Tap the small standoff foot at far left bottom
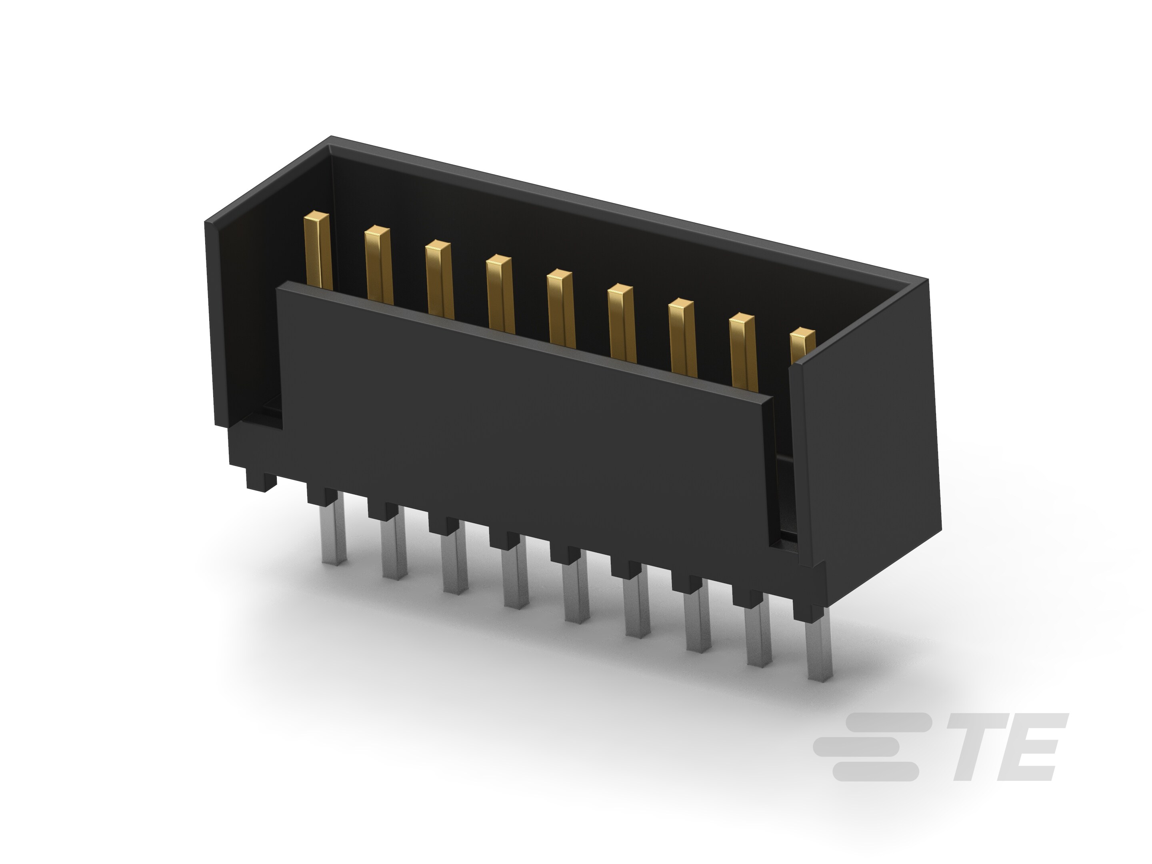[x=261, y=482]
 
